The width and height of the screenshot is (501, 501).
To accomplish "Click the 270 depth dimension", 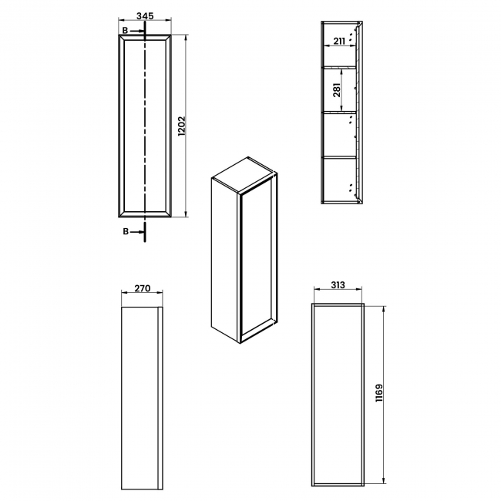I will pos(142,289).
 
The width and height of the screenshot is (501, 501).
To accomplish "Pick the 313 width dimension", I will pos(337,284).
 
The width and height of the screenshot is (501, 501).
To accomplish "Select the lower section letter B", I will pos(126,230).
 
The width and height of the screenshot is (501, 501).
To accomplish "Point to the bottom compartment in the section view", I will pos(339,180).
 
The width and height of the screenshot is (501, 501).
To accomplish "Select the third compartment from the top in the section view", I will pos(339,135).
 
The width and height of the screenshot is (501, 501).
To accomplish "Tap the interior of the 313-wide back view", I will pos(337,395).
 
